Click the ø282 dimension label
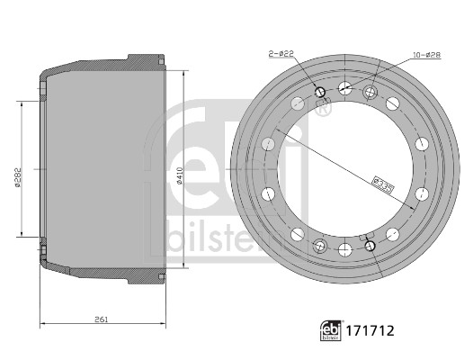tap(18, 177)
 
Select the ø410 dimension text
tap(180, 175)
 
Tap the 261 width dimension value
tap(101, 319)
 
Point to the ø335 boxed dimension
tap(383, 184)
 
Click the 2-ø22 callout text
tap(281, 54)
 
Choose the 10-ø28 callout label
tap(426, 55)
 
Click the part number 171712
tap(370, 330)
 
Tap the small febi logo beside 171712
tap(331, 330)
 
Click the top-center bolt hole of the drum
tap(345, 87)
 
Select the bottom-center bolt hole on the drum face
tap(345, 250)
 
